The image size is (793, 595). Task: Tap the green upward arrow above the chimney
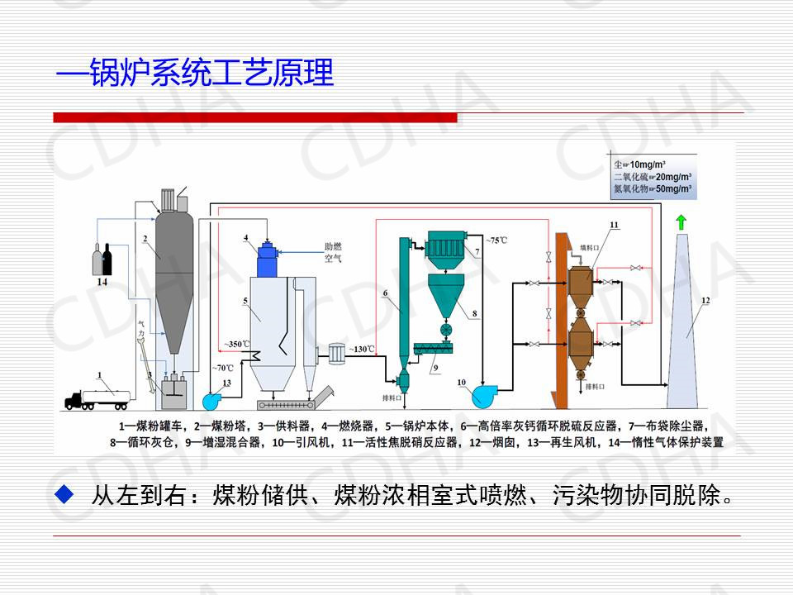[681, 221]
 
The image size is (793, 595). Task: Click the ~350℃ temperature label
[236, 343]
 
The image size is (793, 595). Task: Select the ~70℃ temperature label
[223, 367]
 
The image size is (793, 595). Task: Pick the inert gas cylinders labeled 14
[102, 259]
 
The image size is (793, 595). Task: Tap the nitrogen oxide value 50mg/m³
[672, 189]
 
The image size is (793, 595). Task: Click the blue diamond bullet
[64, 495]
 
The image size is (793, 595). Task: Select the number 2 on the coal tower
[145, 239]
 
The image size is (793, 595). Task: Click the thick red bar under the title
[255, 117]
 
